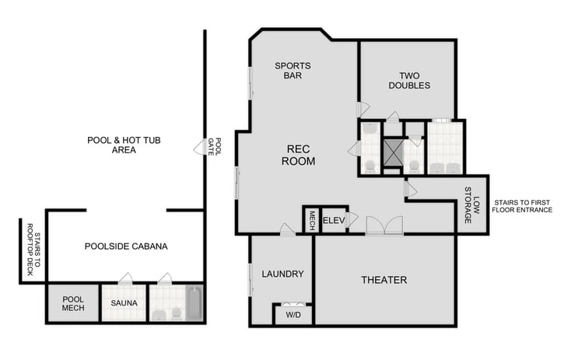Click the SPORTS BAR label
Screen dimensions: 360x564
pyautogui.click(x=293, y=71)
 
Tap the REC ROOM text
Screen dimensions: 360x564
pyautogui.click(x=301, y=156)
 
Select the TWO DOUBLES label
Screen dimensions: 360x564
pyautogui.click(x=409, y=80)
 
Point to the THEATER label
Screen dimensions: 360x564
pyautogui.click(x=384, y=280)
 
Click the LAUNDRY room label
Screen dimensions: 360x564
pyautogui.click(x=282, y=274)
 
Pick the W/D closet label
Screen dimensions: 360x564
pyautogui.click(x=293, y=316)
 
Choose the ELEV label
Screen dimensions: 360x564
pyautogui.click(x=333, y=219)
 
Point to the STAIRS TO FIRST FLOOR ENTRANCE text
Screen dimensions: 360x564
pyautogui.click(x=523, y=205)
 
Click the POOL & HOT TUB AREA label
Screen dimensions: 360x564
pyautogui.click(x=114, y=145)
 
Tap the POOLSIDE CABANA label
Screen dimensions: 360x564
pyautogui.click(x=126, y=246)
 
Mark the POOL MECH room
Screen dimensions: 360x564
pyautogui.click(x=72, y=302)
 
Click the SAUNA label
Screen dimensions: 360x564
pyautogui.click(x=124, y=302)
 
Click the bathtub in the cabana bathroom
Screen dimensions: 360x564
pyautogui.click(x=193, y=302)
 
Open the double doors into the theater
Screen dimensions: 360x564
pyautogui.click(x=384, y=225)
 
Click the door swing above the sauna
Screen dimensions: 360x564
pyautogui.click(x=125, y=278)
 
